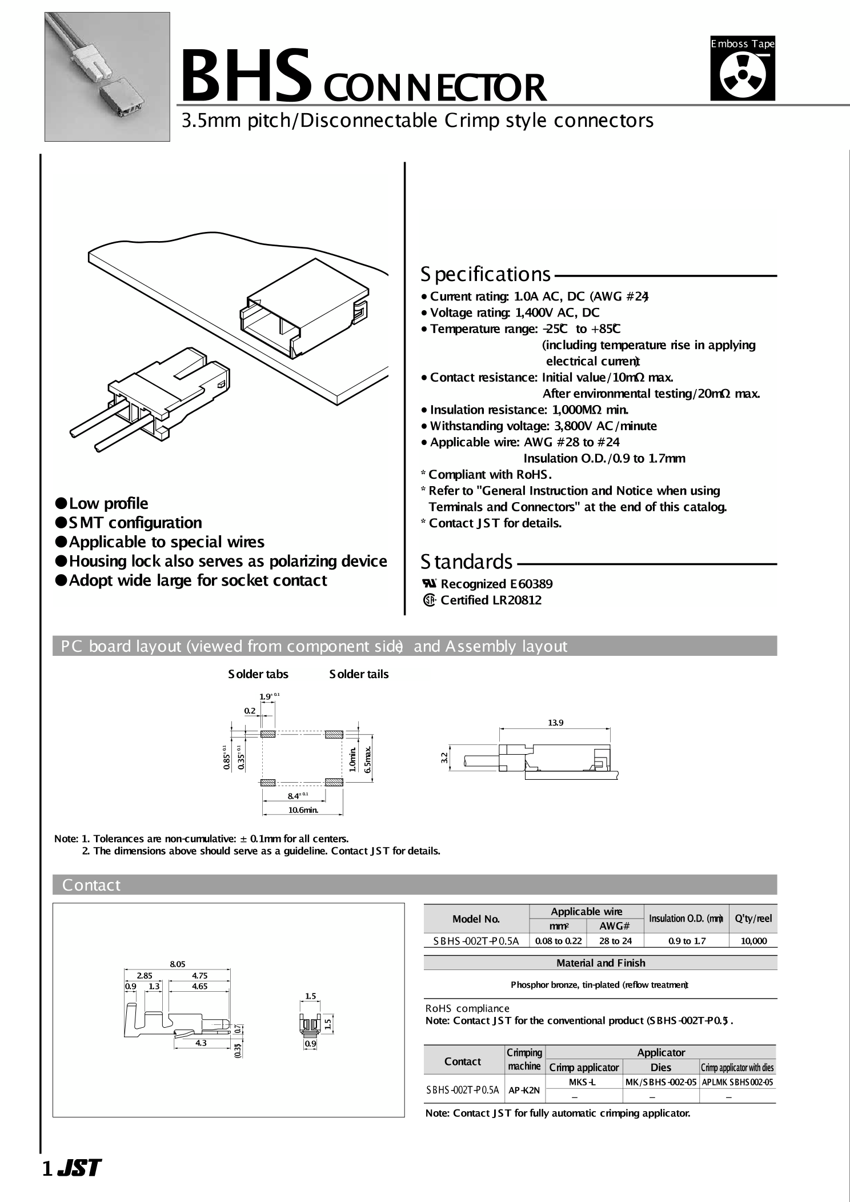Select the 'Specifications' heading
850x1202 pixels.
(486, 275)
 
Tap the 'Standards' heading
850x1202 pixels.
(466, 562)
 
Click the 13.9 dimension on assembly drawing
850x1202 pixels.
(555, 723)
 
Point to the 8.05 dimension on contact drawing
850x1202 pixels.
(177, 964)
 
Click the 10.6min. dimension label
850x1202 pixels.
(302, 810)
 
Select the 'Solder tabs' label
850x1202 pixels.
(258, 674)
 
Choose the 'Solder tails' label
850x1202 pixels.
(359, 674)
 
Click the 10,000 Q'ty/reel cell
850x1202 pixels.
(753, 941)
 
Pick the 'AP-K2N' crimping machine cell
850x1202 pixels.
(524, 1089)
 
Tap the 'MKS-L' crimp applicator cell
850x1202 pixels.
(583, 1082)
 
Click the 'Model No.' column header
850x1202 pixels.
(476, 919)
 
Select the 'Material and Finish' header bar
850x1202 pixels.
(600, 963)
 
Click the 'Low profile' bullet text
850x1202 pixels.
(108, 503)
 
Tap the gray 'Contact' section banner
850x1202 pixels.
(91, 885)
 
